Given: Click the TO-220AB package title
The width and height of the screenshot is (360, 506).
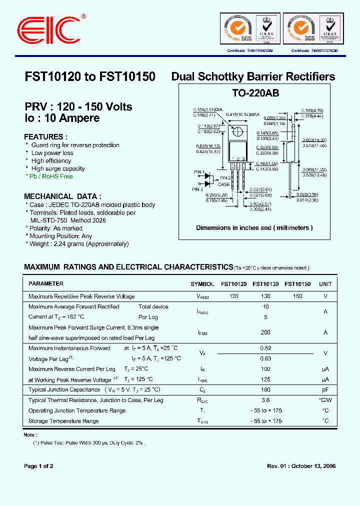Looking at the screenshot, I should point(255,93).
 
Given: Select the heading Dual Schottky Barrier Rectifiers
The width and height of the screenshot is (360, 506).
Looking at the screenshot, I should point(253,76).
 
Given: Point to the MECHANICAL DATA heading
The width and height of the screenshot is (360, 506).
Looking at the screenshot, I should point(62,196).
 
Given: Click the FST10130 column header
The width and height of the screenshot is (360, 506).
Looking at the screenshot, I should point(265,284).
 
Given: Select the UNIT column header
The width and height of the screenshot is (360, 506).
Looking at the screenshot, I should point(325,284).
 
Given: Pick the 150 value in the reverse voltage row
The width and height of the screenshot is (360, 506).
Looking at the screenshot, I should point(297,296).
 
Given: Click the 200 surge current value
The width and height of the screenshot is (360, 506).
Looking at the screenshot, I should point(265,332).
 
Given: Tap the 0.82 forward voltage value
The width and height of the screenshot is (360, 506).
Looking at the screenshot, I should point(265,348).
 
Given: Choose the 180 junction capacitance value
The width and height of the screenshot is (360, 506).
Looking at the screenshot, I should point(265,389).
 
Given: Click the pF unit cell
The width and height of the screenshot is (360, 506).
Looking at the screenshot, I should point(325,389).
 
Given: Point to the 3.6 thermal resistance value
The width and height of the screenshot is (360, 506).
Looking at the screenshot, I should point(265,400).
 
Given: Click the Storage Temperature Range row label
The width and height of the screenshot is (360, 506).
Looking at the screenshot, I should point(63,421).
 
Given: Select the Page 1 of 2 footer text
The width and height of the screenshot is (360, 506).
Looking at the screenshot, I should point(38,466).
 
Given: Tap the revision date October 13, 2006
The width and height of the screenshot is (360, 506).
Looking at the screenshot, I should point(312,466).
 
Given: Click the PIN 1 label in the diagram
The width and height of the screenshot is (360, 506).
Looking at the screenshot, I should point(199,172).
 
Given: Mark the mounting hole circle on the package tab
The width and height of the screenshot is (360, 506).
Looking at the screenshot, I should point(238,132).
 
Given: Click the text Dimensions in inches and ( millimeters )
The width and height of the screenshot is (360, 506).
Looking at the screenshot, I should point(254,228).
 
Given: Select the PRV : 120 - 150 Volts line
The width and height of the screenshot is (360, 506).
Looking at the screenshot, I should point(78,107).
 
